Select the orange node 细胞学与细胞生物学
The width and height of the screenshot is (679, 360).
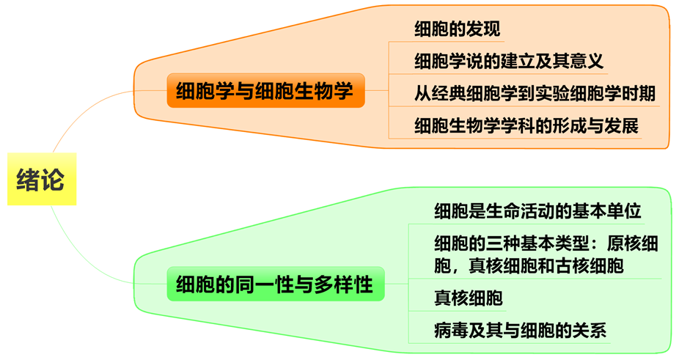(x=265, y=92)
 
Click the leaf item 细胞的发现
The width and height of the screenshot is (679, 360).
(x=457, y=30)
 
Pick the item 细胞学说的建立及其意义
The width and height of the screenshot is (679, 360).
(x=509, y=61)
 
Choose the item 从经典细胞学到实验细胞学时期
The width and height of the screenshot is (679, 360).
(x=535, y=93)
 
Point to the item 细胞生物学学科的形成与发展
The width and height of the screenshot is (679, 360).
(x=526, y=125)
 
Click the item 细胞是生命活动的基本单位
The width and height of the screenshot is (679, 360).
(x=537, y=212)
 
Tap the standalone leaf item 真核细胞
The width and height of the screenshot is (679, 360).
(x=468, y=298)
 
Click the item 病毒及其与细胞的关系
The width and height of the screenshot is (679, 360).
(x=520, y=330)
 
